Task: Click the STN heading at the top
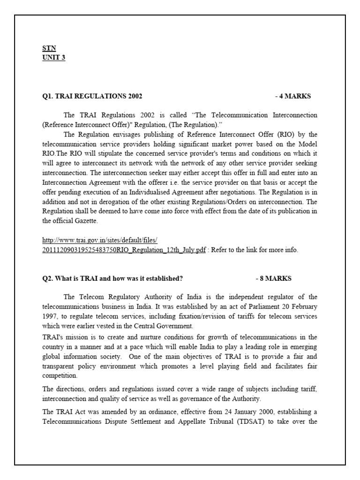click(x=49, y=48)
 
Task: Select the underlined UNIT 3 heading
click(x=54, y=58)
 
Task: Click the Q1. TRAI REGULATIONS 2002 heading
click(x=92, y=97)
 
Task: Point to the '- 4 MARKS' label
click(x=293, y=97)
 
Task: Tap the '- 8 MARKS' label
click(x=274, y=278)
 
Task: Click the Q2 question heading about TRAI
click(x=113, y=278)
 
